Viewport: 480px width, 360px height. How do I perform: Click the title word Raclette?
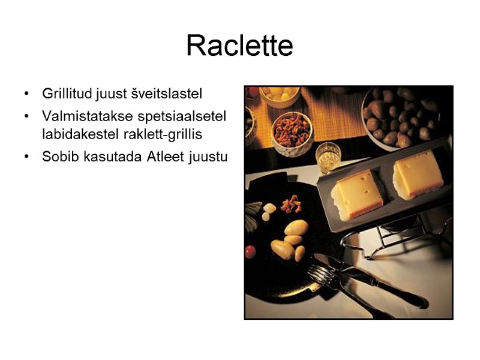pyautogui.click(x=239, y=46)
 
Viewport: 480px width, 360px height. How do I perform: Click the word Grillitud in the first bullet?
pyautogui.click(x=64, y=94)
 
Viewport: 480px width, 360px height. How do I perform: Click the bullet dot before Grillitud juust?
pyautogui.click(x=26, y=94)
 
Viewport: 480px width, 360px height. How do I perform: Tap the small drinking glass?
pyautogui.click(x=328, y=157)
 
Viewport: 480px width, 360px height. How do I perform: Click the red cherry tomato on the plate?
pyautogui.click(x=251, y=252)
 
